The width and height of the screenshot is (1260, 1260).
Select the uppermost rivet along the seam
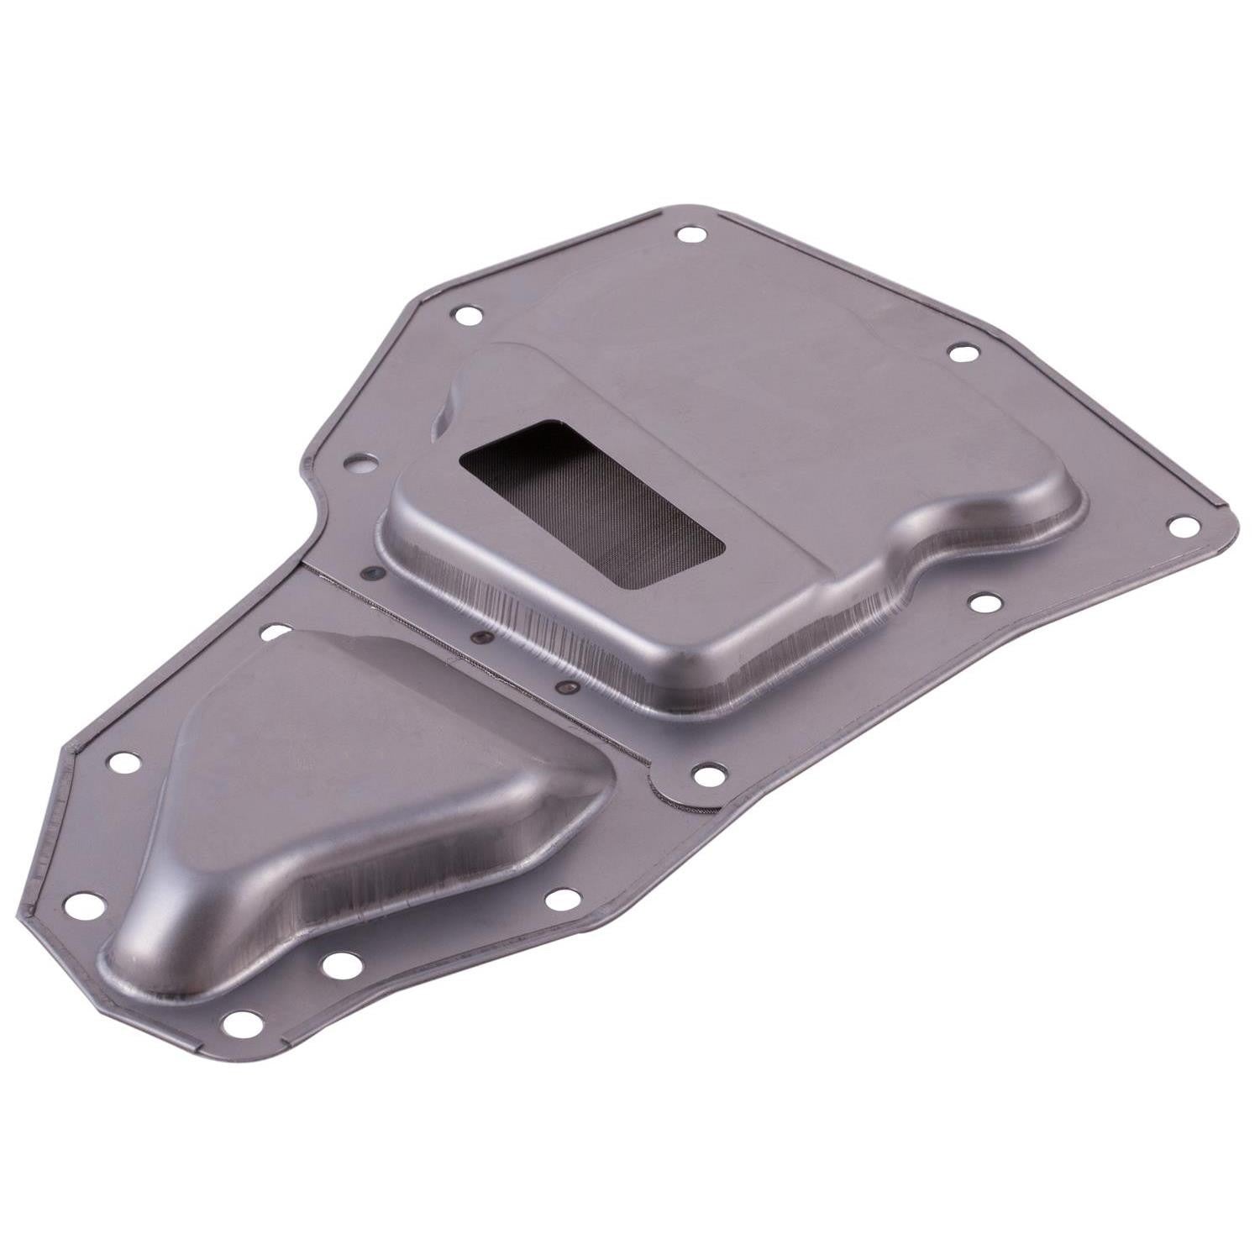(371, 574)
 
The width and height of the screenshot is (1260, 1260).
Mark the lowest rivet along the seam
(570, 690)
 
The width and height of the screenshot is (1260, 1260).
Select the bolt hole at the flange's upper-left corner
(465, 317)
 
